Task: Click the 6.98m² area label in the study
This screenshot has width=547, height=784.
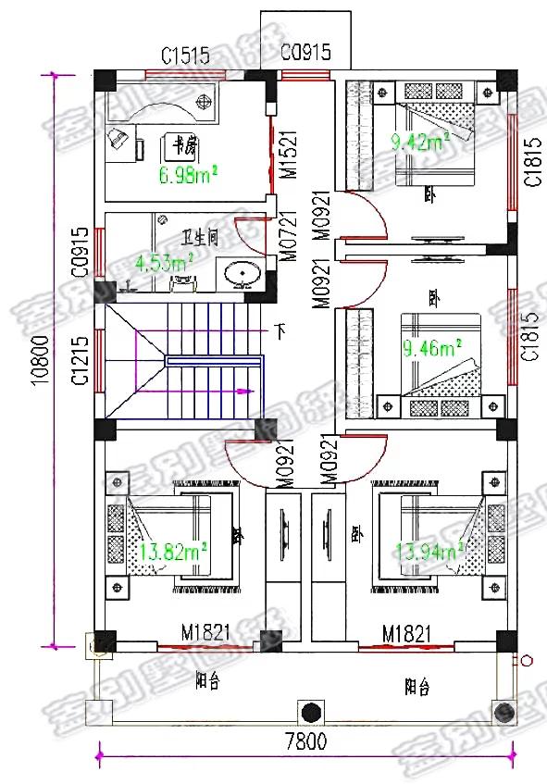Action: click(188, 175)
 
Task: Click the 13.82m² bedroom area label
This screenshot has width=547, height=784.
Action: click(172, 553)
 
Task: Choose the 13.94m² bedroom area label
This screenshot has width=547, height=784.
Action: click(429, 553)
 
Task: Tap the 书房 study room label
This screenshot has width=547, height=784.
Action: click(181, 145)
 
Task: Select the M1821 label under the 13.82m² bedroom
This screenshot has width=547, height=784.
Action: click(205, 633)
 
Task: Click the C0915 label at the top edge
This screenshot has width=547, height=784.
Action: click(305, 52)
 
